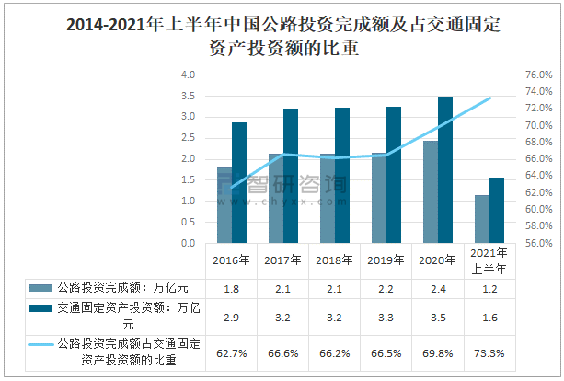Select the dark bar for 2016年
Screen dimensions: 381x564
point(239,182)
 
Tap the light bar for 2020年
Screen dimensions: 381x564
point(430,191)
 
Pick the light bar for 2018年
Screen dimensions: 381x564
point(327,198)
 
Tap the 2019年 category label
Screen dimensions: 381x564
point(386,259)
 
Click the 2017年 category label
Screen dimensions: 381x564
point(282,259)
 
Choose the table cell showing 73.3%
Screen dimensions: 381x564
point(489,352)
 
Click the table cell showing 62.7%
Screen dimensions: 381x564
point(231,352)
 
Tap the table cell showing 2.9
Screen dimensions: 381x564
point(231,316)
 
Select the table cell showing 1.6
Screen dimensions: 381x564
point(489,316)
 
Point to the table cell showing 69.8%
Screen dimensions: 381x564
point(437,352)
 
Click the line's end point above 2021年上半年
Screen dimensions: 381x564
point(489,98)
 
